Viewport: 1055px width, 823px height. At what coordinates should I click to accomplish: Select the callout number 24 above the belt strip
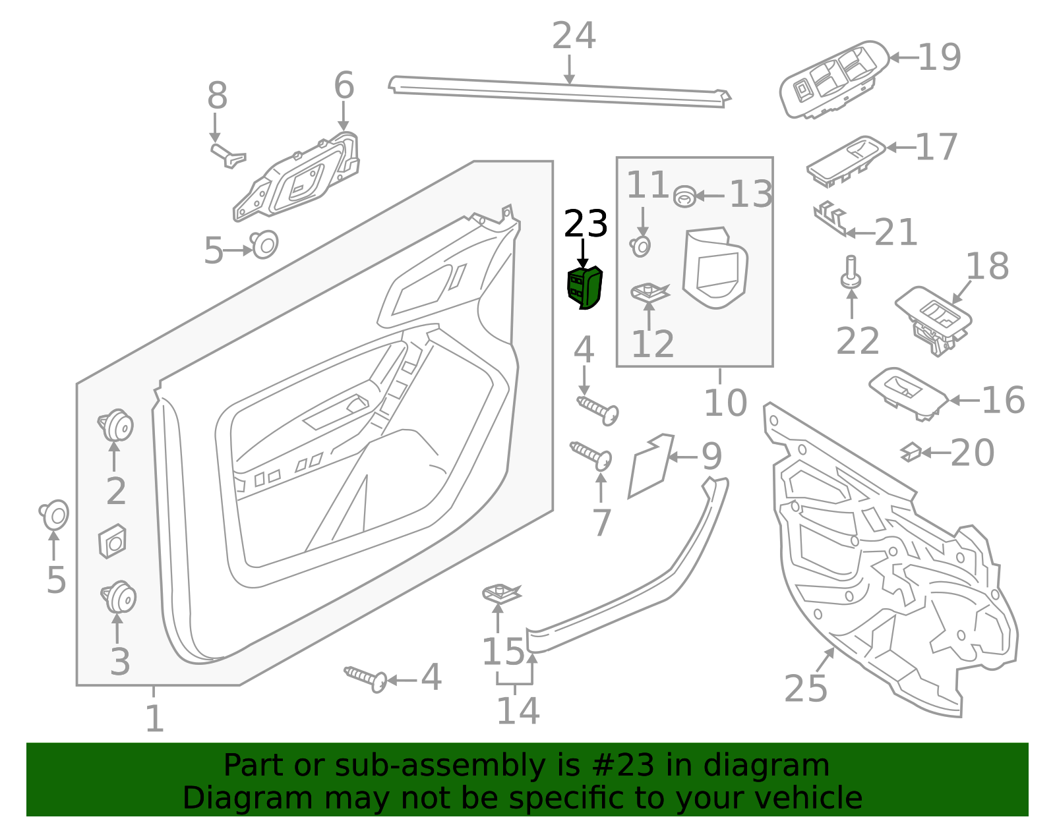coord(574,36)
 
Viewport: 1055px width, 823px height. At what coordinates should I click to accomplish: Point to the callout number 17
coord(936,147)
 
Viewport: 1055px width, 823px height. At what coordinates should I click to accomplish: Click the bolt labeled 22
coord(851,272)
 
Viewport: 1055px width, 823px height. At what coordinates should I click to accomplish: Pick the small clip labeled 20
coord(911,452)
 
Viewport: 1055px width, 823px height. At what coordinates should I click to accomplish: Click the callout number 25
coord(806,689)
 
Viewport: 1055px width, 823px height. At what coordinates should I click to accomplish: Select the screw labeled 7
coord(591,455)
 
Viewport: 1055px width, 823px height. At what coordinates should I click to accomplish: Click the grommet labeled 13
coord(684,196)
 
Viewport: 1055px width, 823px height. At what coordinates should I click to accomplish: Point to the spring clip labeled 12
coord(649,292)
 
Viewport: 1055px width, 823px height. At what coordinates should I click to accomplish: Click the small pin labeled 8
coord(227,156)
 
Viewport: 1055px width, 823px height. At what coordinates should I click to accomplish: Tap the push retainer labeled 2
coord(117,425)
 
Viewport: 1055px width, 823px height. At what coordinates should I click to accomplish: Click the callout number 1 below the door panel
coord(154,719)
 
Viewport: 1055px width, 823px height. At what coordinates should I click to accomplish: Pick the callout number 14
coord(518,711)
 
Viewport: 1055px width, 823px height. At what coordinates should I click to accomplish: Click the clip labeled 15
coord(500,594)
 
